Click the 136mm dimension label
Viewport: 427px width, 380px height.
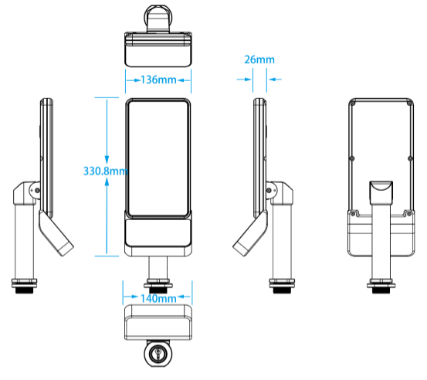pyautogui.click(x=158, y=80)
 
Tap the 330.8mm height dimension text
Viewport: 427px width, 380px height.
pyautogui.click(x=105, y=171)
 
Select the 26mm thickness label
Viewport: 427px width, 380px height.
pyautogui.click(x=259, y=59)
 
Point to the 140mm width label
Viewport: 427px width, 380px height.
pyautogui.click(x=158, y=299)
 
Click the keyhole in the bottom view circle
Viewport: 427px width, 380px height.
pyautogui.click(x=158, y=354)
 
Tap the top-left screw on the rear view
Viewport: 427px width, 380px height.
pyautogui.click(x=353, y=103)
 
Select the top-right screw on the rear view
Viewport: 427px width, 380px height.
pyautogui.click(x=408, y=103)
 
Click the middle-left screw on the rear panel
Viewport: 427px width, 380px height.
pyautogui.click(x=352, y=158)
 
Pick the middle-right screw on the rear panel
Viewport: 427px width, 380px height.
pyautogui.click(x=410, y=158)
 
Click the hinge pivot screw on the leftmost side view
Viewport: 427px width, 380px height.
pyautogui.click(x=37, y=191)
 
